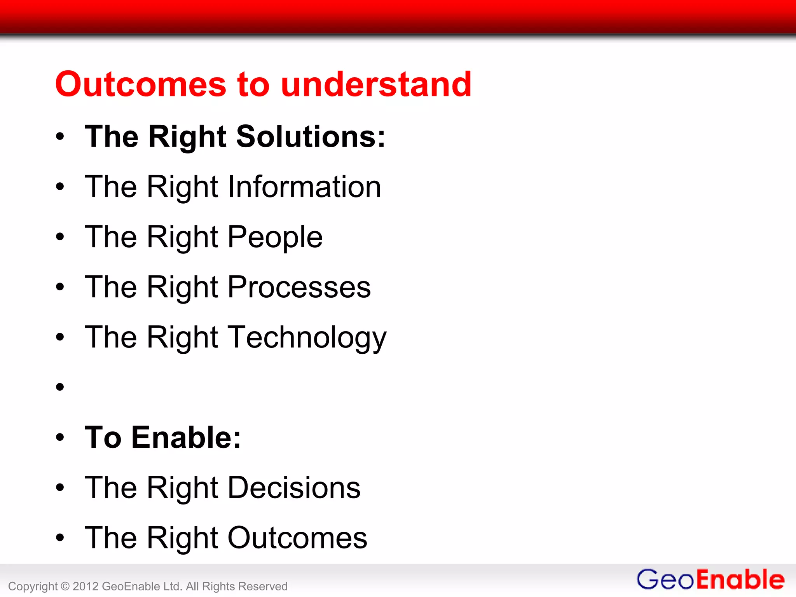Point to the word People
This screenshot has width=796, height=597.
[275, 237]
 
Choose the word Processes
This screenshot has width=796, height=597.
[299, 287]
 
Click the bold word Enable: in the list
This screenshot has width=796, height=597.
[186, 438]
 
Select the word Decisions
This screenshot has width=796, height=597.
[294, 488]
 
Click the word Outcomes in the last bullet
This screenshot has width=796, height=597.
[297, 538]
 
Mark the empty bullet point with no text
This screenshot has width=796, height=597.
[60, 387]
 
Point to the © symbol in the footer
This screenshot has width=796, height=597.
[65, 586]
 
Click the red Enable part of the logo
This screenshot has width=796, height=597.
[740, 580]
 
